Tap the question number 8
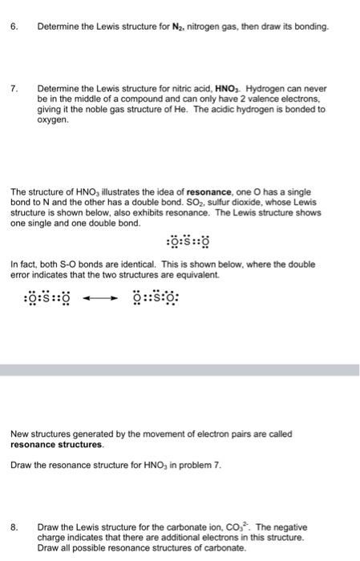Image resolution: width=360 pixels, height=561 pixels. [x=14, y=527]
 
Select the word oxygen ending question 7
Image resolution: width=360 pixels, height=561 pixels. [x=51, y=120]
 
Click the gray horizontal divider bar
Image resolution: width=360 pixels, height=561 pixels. [x=180, y=371]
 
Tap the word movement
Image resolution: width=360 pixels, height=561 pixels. [x=176, y=434]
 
